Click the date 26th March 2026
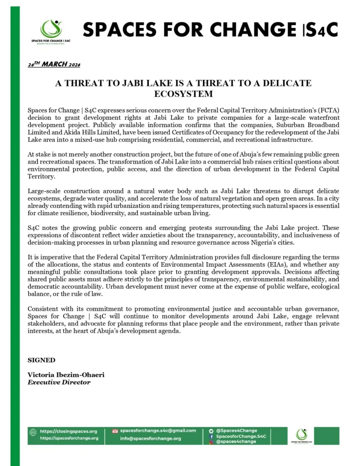[54, 65]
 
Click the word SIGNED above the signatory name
[41, 360]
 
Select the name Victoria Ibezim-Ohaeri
[66, 375]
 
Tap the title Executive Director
[59, 382]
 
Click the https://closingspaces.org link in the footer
[69, 431]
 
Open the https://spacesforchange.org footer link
[69, 438]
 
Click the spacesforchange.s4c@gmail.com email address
[158, 431]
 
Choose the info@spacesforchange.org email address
[150, 439]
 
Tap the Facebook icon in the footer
[211, 436]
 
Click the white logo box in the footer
[302, 436]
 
